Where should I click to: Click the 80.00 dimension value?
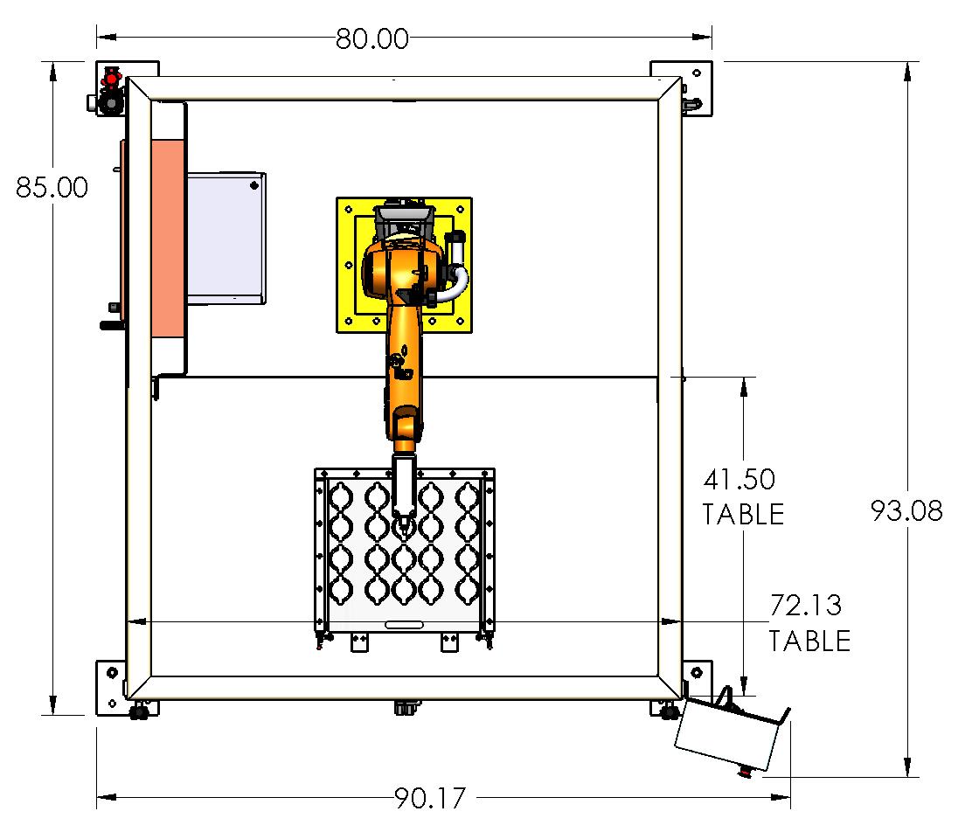tap(371, 38)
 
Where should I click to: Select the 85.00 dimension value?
tap(52, 188)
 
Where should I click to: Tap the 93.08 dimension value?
tap(907, 510)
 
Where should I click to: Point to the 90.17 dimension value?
tap(430, 798)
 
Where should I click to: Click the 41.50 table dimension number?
tap(739, 480)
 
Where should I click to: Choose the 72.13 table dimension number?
tap(806, 606)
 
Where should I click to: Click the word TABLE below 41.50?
tap(743, 514)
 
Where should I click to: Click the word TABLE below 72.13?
tap(809, 641)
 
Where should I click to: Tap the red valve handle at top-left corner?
tap(111, 80)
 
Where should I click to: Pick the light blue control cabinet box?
tap(226, 238)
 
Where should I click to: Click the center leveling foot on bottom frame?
tap(404, 706)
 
